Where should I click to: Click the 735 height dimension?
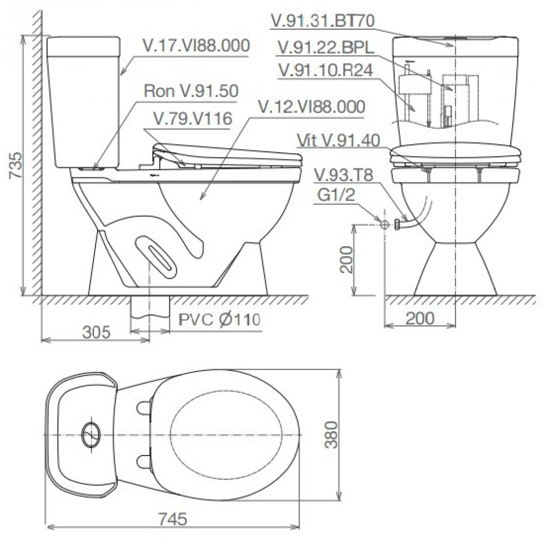click(16, 164)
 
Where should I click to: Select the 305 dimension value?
click(97, 332)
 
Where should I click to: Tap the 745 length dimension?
click(172, 519)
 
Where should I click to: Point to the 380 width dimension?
click(331, 435)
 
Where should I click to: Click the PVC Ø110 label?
click(220, 319)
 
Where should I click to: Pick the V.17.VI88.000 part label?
click(197, 46)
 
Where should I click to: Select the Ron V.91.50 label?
click(191, 91)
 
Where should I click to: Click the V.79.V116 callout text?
click(193, 119)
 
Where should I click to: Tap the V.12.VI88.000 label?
click(311, 107)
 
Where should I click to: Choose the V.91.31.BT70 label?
click(323, 21)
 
